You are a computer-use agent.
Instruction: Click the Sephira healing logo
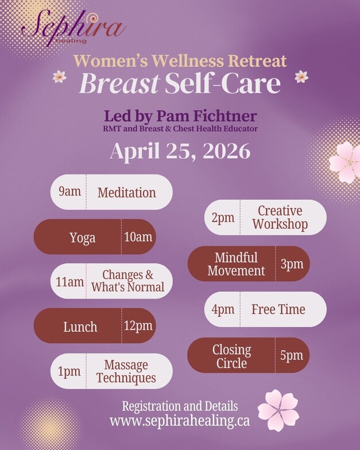coord(74,28)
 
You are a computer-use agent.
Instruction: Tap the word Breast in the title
coord(119,84)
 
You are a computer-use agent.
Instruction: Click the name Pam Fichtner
coord(207,116)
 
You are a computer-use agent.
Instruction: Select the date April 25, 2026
coord(180,151)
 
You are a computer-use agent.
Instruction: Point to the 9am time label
coord(69,192)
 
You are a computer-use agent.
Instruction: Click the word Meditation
coord(126,192)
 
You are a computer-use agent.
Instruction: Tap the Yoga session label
coord(83,238)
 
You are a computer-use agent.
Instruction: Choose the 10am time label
coord(138,237)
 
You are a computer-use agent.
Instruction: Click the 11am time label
coord(70,282)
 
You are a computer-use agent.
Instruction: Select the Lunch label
coord(80,327)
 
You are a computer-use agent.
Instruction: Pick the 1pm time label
coord(69,372)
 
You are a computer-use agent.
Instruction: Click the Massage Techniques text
coord(126,371)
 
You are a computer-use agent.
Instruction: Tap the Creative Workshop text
coord(280,218)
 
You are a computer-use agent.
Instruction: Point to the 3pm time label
coord(292,264)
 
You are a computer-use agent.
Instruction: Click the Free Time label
coord(278,309)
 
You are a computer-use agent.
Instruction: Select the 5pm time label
coord(292,356)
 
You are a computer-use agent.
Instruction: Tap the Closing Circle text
coord(232,356)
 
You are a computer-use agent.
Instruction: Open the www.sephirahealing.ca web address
coord(180,421)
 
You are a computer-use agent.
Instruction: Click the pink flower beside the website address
coord(278,410)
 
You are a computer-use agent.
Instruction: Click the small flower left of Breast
coord(60,77)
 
